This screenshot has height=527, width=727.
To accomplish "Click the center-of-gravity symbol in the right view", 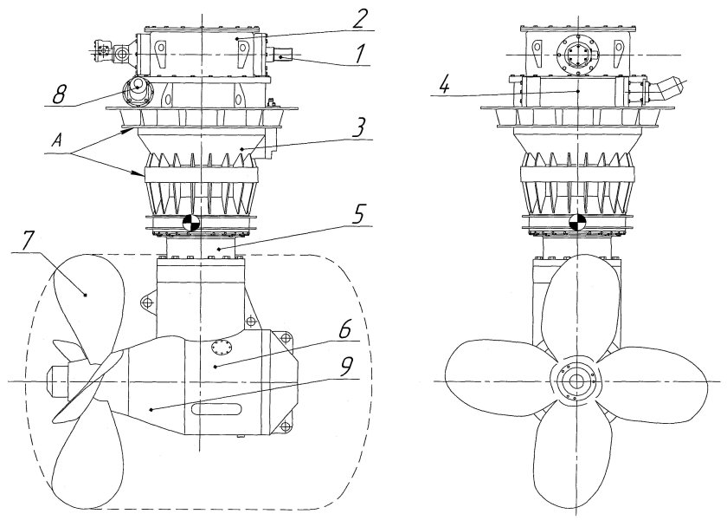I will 576,223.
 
